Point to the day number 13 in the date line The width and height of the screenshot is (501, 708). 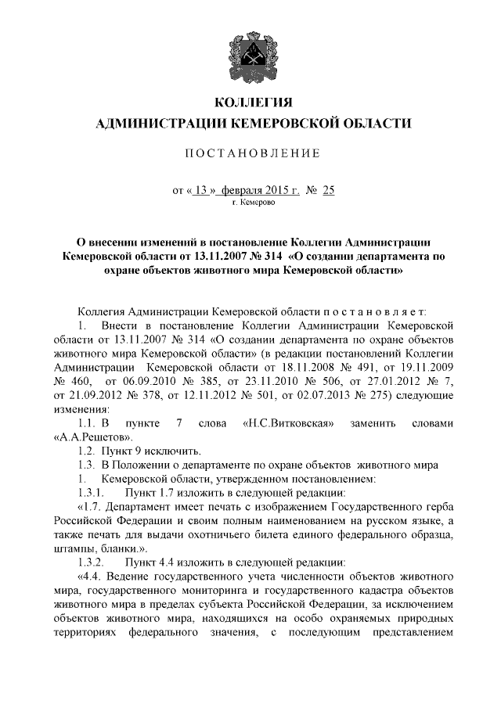coord(204,189)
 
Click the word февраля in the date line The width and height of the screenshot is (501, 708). coord(244,189)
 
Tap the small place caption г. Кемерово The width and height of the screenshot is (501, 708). coord(254,201)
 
